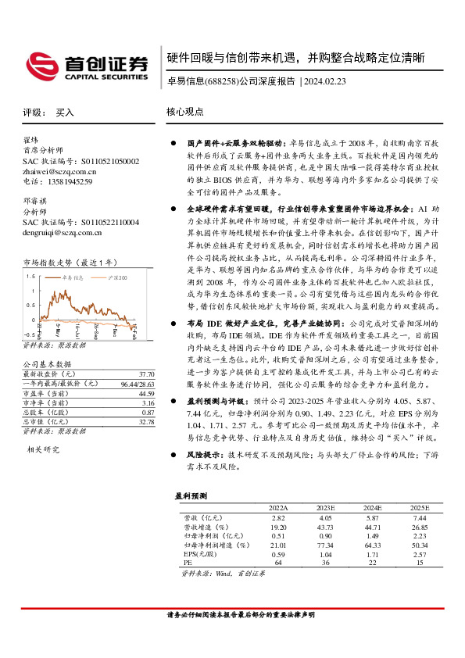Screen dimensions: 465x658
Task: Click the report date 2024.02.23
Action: pos(328,80)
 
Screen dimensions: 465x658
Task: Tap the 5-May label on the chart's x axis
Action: pos(56,328)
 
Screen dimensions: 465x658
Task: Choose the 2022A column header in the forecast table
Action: pos(279,507)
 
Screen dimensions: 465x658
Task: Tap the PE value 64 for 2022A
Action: pos(280,562)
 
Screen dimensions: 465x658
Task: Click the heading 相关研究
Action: pos(44,449)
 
